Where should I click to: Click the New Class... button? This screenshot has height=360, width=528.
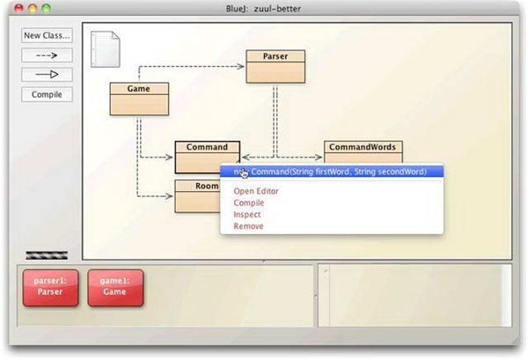pos(47,35)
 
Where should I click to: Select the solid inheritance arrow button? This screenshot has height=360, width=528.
pos(47,75)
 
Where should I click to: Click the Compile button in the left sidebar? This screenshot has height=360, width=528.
pos(47,94)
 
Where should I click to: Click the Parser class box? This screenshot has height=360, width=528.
pos(275,66)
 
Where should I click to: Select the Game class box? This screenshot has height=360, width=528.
pos(139,99)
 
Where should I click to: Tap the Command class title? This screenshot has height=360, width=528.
pos(207,147)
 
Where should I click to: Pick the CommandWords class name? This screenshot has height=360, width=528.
pos(363,147)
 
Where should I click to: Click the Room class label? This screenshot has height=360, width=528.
pos(207,186)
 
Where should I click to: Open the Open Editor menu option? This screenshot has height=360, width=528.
pos(256,191)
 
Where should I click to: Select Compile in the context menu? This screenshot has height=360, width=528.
pos(249,202)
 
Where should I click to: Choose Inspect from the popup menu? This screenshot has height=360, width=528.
pos(247,215)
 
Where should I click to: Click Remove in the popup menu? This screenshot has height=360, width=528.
pos(248,226)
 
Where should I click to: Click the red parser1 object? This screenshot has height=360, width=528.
pos(50,288)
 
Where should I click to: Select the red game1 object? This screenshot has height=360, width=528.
pos(115,288)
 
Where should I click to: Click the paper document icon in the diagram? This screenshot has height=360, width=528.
pos(105,49)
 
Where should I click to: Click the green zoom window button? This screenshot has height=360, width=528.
pos(46,8)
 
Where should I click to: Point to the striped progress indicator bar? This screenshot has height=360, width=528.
pos(47,255)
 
